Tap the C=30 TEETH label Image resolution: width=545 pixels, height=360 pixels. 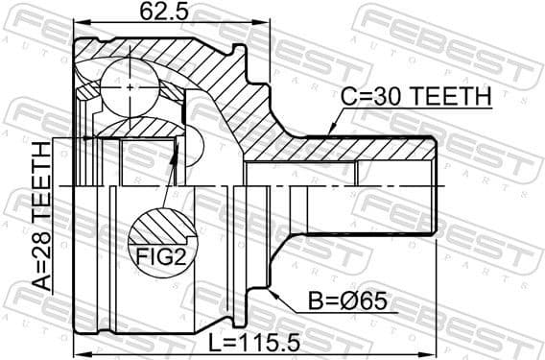tap(416, 97)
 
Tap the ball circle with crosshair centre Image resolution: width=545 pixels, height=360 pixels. tap(130, 87)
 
